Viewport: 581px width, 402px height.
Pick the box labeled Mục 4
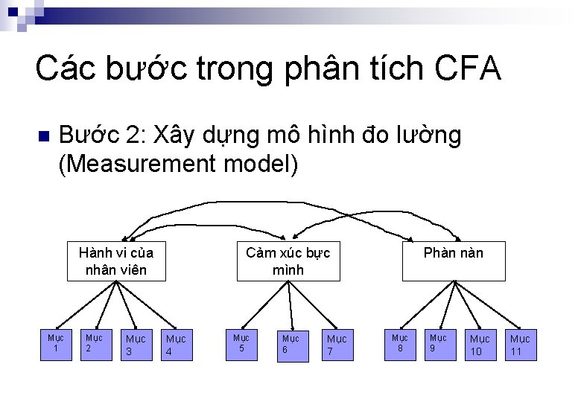(x=176, y=345)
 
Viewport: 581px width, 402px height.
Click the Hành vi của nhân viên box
(x=115, y=261)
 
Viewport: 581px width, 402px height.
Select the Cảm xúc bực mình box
(x=288, y=261)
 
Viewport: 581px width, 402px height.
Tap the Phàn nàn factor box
(x=453, y=261)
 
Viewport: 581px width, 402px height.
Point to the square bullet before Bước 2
(x=42, y=136)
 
